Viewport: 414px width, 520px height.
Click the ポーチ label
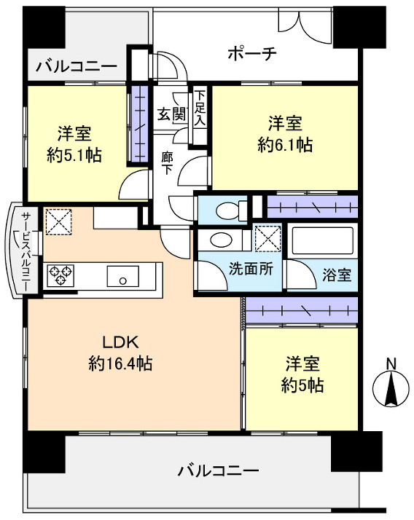(251, 53)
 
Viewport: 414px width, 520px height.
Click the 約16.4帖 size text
(120, 363)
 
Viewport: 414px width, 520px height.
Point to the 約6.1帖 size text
(285, 144)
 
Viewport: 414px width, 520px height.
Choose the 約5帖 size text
(302, 385)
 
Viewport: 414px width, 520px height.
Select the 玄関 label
(172, 115)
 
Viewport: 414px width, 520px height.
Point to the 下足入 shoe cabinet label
(199, 109)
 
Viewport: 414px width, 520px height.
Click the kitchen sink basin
(122, 277)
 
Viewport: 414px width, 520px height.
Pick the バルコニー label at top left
(77, 66)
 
